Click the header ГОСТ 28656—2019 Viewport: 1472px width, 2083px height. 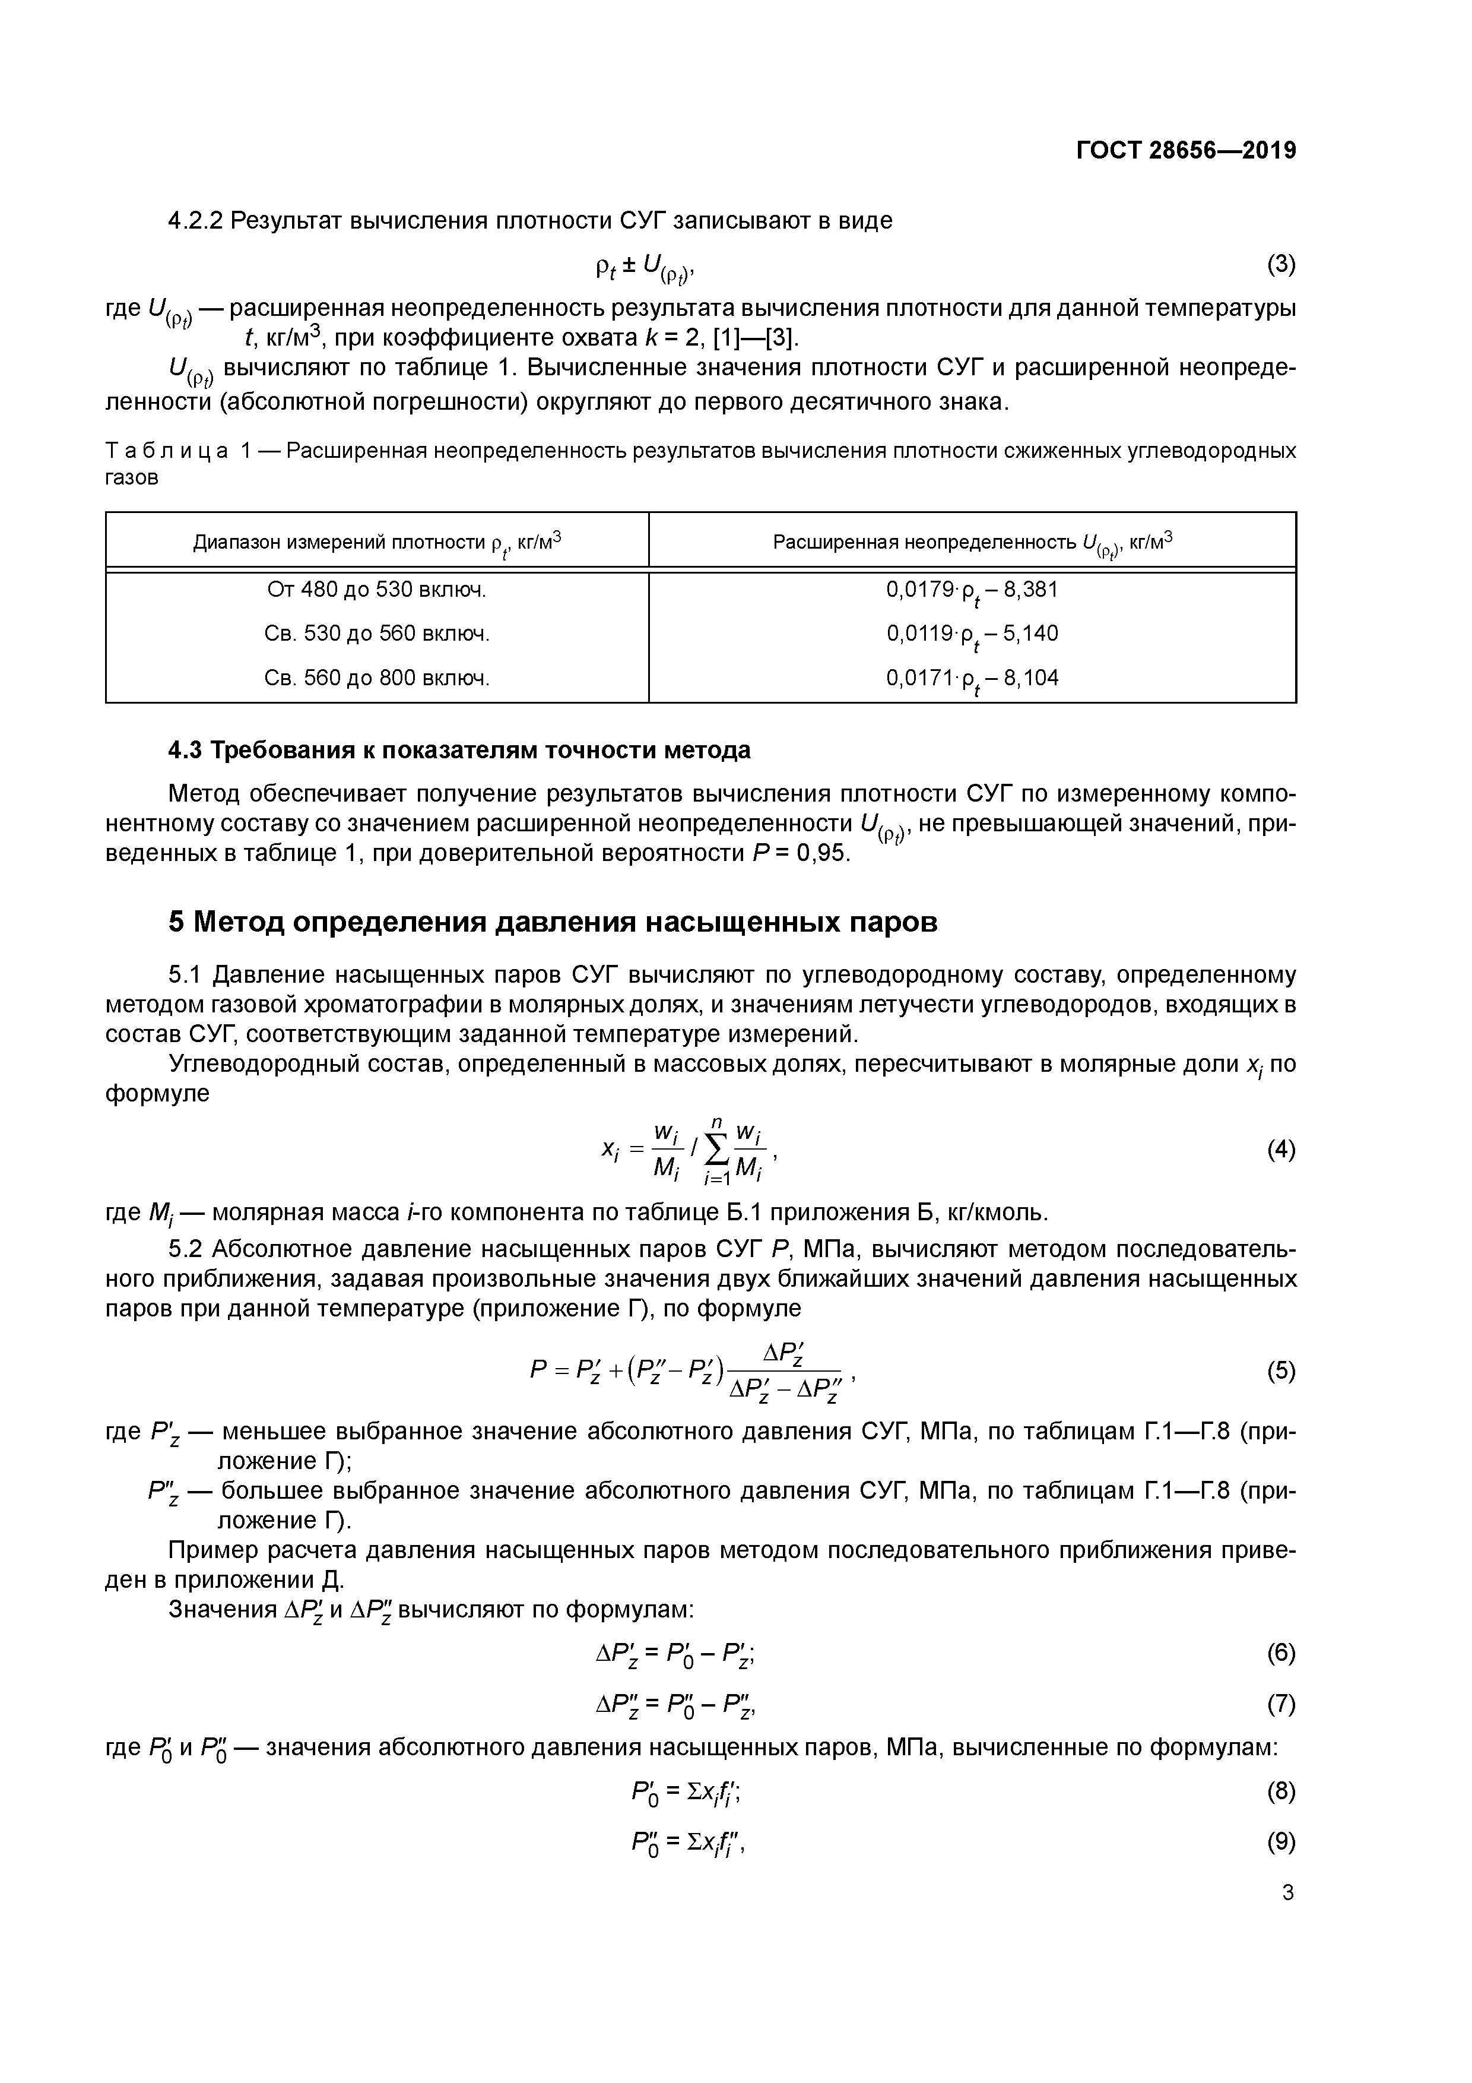(1185, 151)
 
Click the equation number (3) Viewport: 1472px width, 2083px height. (1281, 264)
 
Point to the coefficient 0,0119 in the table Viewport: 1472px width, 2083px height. (917, 633)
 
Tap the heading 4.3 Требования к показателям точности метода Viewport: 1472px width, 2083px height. (460, 751)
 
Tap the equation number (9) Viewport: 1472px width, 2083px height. (1281, 1843)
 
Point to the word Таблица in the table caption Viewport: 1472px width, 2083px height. (166, 451)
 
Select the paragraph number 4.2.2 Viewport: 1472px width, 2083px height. (195, 220)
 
